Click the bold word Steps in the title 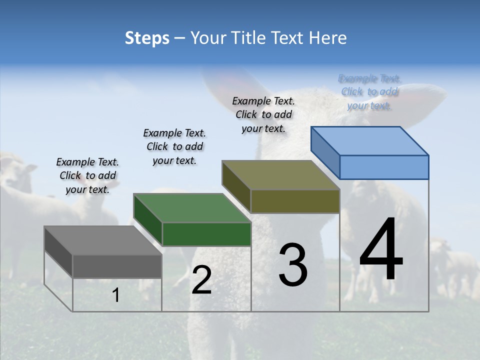147,38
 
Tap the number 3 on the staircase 293,265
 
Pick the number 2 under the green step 201,280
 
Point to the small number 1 115,295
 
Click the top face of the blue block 369,141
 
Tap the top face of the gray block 102,240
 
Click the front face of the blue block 384,167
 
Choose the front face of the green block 206,234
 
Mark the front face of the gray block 117,266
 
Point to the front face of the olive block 295,201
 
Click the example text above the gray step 87,175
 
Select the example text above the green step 174,146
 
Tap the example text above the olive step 263,114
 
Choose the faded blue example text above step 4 369,91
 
